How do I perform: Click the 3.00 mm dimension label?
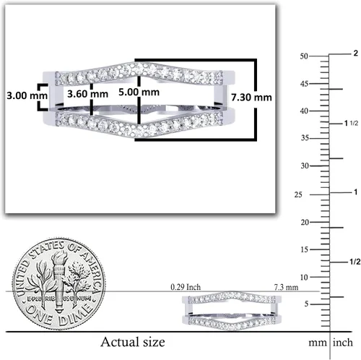coord(27,95)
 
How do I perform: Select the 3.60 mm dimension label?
coord(87,94)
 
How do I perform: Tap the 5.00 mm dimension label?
coord(139,92)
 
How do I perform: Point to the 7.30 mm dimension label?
coord(251,98)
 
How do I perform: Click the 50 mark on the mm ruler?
coord(304,56)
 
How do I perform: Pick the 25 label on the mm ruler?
coord(298,194)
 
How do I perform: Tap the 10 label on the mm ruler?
coord(304,278)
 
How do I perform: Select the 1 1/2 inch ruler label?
coord(351,124)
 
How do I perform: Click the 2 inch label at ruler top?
coord(356,53)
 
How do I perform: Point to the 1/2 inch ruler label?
coord(355,262)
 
